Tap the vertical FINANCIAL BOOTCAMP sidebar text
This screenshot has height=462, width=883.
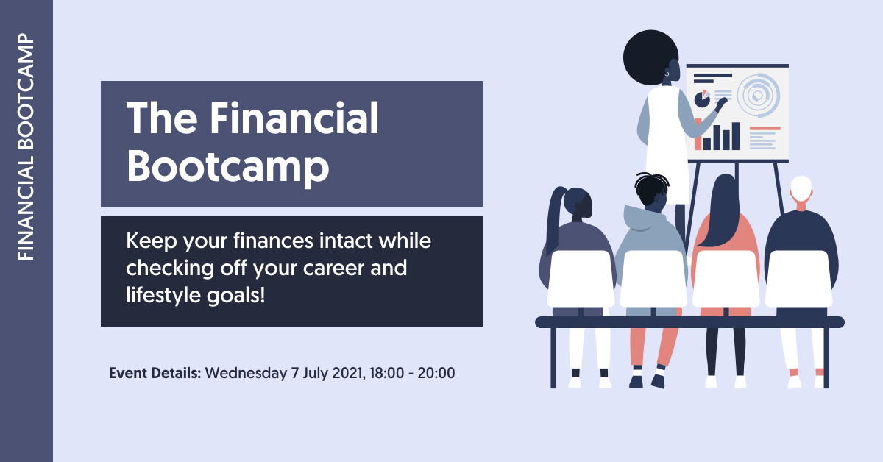[x=26, y=147]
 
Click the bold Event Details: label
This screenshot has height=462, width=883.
[x=155, y=373]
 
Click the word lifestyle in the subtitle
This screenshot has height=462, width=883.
[x=157, y=295]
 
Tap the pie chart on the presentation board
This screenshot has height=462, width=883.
[x=702, y=99]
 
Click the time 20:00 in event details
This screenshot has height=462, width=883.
[x=436, y=373]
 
